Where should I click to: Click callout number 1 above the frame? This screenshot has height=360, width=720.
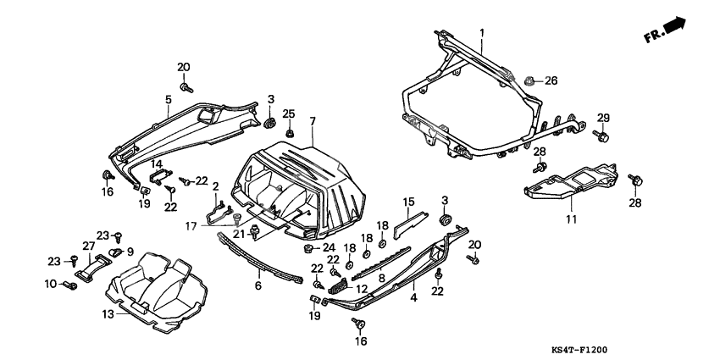(482, 33)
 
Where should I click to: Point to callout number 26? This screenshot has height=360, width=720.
(551, 81)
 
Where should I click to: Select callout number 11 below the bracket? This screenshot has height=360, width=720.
(570, 219)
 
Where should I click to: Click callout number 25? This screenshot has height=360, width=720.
(288, 114)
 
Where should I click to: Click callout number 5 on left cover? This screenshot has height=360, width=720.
(168, 99)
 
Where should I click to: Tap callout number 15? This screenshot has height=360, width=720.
(408, 202)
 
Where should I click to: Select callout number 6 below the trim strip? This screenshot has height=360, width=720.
(259, 286)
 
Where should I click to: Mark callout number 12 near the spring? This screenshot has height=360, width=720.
(362, 290)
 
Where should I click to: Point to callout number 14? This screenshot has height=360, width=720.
(157, 163)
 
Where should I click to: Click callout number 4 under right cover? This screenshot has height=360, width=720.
(414, 298)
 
